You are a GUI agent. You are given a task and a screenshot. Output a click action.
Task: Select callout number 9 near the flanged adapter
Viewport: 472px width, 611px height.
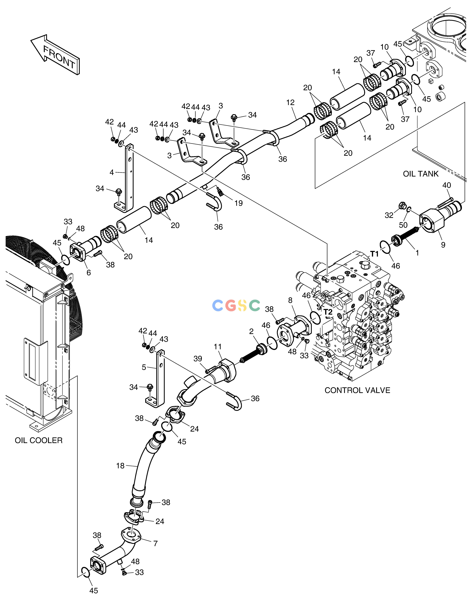tap(443, 245)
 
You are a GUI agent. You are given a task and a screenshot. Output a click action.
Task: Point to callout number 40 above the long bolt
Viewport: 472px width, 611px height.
tap(447, 185)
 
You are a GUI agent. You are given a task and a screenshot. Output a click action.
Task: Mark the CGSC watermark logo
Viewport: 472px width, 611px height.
tap(236, 306)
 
